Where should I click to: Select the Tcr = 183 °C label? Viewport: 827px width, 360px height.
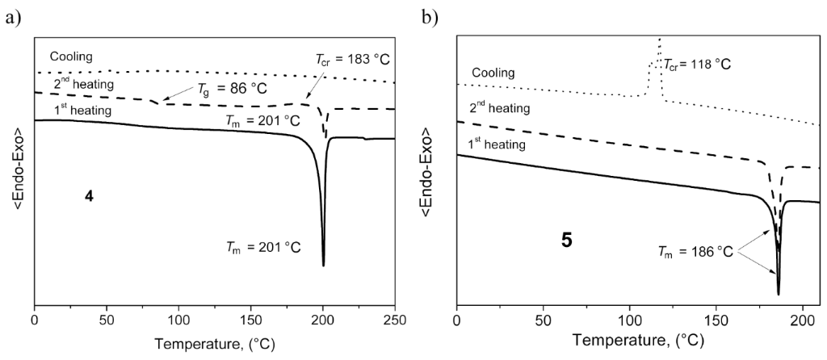pyautogui.click(x=354, y=60)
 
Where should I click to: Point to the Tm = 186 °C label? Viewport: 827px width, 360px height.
pyautogui.click(x=695, y=252)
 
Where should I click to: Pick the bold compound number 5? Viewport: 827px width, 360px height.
pyautogui.click(x=566, y=241)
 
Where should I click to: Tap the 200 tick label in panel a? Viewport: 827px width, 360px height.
pyautogui.click(x=323, y=319)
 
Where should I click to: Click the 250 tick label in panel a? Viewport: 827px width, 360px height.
pyautogui.click(x=394, y=319)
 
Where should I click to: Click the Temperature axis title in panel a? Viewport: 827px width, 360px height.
pyautogui.click(x=214, y=342)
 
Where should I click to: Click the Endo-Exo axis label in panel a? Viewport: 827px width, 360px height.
pyautogui.click(x=17, y=169)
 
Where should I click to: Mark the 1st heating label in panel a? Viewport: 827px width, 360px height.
pyautogui.click(x=82, y=110)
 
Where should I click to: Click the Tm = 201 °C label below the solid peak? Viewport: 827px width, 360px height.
pyautogui.click(x=262, y=247)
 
